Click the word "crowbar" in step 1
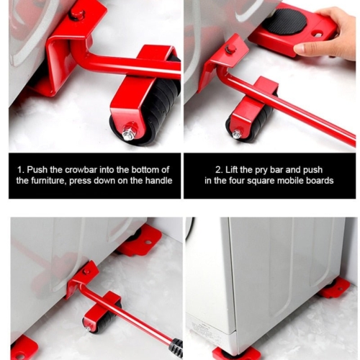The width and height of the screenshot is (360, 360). (x=81, y=170)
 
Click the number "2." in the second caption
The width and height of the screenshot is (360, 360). (x=219, y=170)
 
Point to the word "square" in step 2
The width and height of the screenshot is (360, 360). (x=261, y=181)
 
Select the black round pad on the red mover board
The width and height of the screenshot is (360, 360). (x=285, y=24)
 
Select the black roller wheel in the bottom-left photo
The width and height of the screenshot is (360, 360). (x=103, y=319)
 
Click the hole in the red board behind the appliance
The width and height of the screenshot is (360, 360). (x=148, y=242)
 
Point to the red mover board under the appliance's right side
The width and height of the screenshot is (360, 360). (x=335, y=289)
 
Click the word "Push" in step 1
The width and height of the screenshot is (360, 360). (x=37, y=170)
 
